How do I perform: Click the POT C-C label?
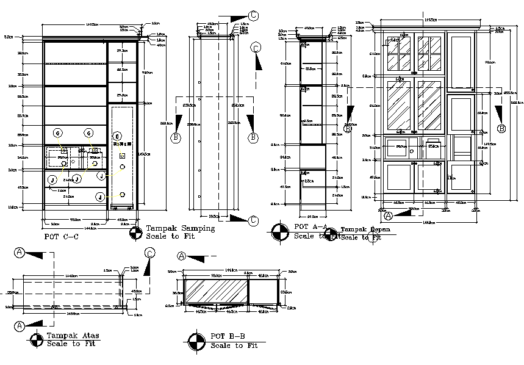point(62,236)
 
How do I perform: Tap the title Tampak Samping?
point(180,228)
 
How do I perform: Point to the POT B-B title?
point(228,336)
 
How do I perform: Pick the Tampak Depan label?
point(365,229)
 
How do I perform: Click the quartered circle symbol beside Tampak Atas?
point(37,339)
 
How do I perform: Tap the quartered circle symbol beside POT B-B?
point(196,341)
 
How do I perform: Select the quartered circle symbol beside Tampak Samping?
point(136,232)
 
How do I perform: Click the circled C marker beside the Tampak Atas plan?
point(150,253)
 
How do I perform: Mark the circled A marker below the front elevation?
point(388,215)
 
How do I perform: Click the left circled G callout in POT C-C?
point(57,133)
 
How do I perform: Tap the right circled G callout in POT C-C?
point(88,133)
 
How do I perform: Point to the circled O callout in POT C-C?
point(116,136)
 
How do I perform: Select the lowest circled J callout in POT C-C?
point(99,197)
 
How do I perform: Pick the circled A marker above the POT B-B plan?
point(181,256)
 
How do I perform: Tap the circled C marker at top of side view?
point(254,16)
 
